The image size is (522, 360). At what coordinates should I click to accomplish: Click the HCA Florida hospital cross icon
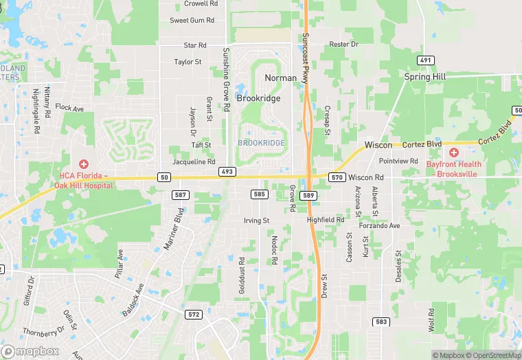click(x=84, y=164)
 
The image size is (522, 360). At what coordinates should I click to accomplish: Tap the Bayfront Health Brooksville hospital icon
click(x=454, y=152)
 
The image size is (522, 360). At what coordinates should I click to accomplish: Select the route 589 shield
click(x=309, y=195)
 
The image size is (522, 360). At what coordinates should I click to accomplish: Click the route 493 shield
click(x=228, y=170)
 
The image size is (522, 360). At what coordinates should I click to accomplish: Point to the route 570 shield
click(x=337, y=177)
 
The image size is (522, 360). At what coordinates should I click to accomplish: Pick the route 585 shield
click(x=259, y=195)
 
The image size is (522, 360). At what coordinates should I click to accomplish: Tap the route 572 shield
click(x=194, y=315)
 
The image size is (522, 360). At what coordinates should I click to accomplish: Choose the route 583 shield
click(x=381, y=322)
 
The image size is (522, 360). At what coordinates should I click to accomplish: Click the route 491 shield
click(x=427, y=60)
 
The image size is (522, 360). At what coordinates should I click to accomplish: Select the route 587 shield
click(x=180, y=195)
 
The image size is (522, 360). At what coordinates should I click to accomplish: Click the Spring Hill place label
click(x=425, y=77)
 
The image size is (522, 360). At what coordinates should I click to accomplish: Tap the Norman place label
click(x=281, y=78)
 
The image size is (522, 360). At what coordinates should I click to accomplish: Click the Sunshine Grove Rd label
click(x=225, y=79)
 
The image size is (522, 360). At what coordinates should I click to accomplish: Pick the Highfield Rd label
click(x=326, y=220)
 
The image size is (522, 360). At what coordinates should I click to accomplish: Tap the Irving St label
click(x=257, y=221)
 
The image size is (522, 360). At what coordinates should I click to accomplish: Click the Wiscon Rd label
click(x=365, y=177)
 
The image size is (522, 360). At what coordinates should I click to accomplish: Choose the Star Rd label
click(x=195, y=45)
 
